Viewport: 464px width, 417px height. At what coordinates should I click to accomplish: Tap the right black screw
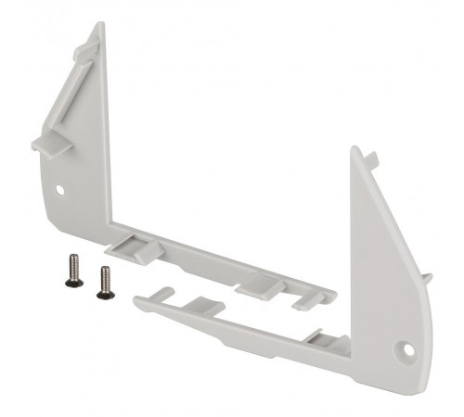coord(103,282)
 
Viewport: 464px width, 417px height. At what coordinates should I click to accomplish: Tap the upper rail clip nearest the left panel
coord(131,246)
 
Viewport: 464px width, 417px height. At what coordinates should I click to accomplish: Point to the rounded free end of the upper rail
coord(331,295)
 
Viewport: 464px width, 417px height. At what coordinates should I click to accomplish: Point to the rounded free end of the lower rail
coord(137,301)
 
